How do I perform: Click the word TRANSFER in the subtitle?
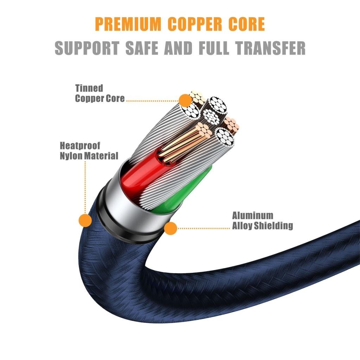coord(277,48)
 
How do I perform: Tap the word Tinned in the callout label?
coord(89,88)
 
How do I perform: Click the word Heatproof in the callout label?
coord(81,145)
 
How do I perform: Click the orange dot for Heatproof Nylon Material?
coord(85,220)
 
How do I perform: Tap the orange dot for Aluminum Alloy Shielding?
coord(171,228)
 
